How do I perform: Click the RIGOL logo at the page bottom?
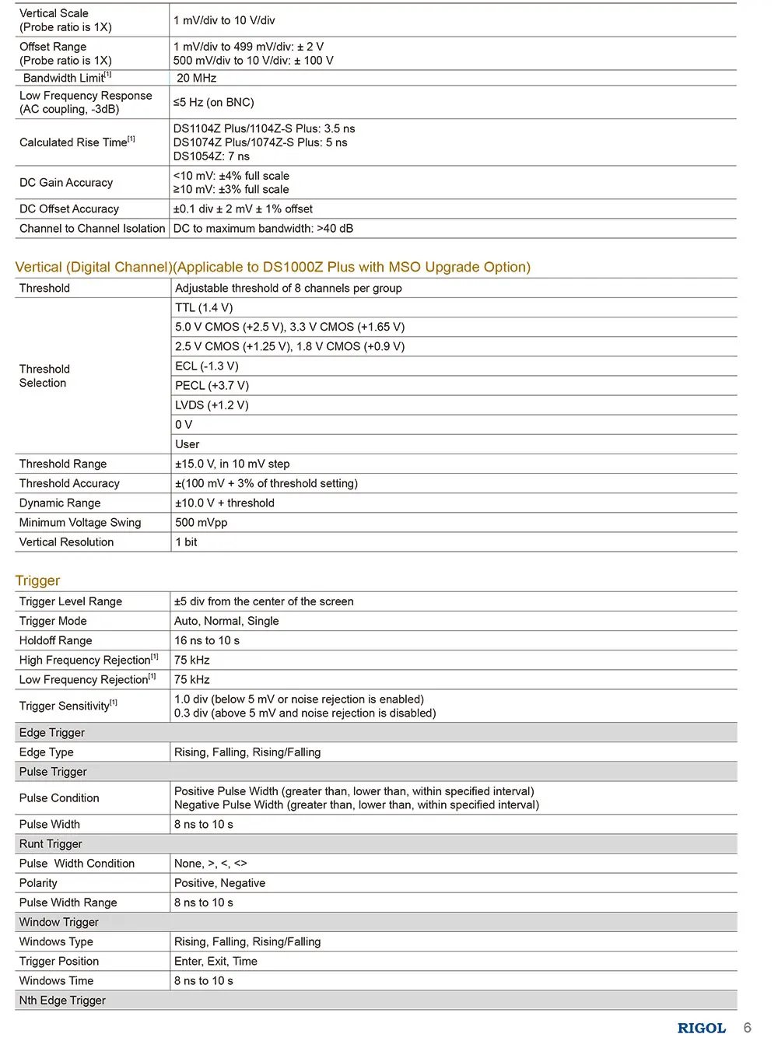point(701,1028)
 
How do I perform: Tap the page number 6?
point(747,1027)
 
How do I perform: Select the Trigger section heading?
point(37,580)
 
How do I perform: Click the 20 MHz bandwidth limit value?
point(196,78)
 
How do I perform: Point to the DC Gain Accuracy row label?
point(66,182)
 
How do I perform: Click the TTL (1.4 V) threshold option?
point(204,307)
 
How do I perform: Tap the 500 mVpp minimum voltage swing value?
point(201,522)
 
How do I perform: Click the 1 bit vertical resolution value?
point(186,542)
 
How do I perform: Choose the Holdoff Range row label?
point(55,640)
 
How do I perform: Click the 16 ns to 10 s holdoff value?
point(207,640)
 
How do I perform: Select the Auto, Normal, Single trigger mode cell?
point(226,621)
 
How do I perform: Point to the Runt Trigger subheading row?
point(51,843)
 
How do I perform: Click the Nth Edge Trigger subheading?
point(62,1000)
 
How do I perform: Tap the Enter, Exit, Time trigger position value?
point(216,961)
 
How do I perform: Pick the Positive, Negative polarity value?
point(219,882)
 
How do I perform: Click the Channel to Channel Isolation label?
point(92,228)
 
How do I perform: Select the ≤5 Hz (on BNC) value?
point(213,102)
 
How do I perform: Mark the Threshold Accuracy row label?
point(69,483)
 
